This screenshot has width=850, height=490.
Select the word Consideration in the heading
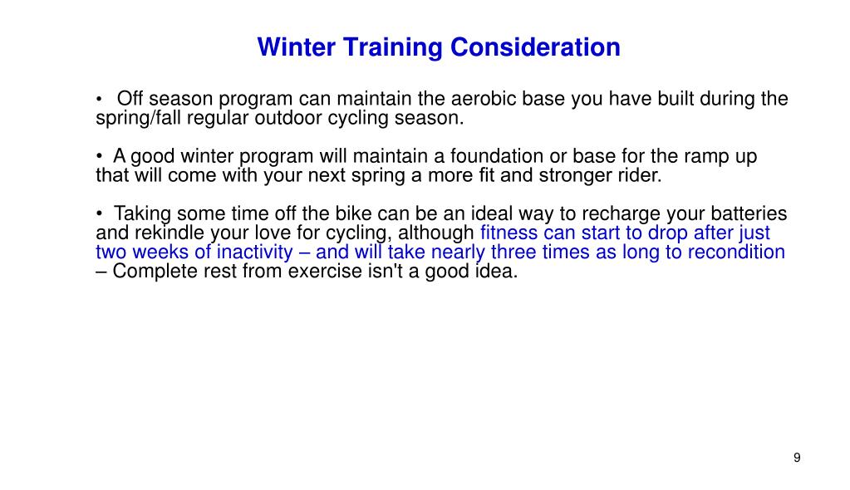[x=535, y=47]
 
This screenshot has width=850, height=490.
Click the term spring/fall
[x=137, y=118]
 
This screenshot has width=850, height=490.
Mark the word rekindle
[x=163, y=233]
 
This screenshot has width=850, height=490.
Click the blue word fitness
[x=509, y=233]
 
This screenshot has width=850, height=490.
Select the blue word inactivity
[x=255, y=252]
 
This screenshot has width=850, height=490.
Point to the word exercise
[x=324, y=271]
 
